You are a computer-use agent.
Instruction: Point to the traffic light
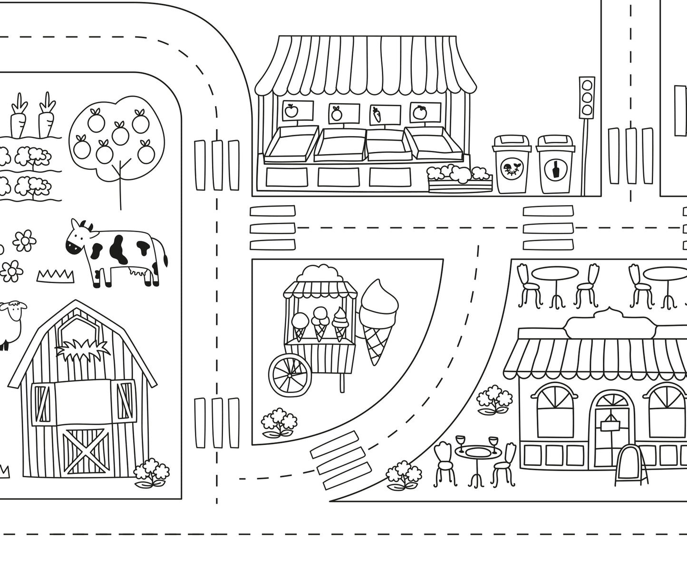[x=587, y=97]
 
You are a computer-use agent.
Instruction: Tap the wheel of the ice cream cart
[x=290, y=375]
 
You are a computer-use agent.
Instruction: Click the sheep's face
[x=17, y=312]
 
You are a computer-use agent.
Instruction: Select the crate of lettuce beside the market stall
[x=459, y=178]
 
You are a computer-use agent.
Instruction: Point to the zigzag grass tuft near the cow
[x=55, y=276]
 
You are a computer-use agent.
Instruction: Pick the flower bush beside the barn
[x=152, y=473]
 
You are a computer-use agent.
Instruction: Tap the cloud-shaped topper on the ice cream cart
[x=318, y=274]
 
